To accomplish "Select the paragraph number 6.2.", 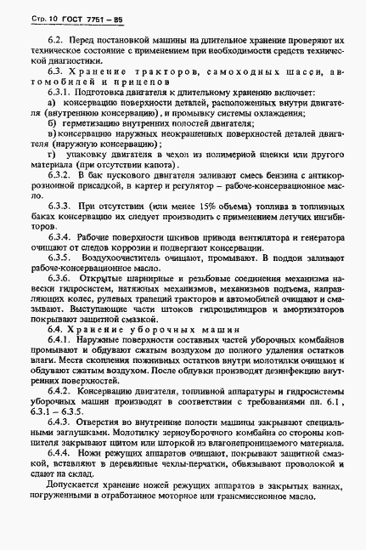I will tap(56, 41).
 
